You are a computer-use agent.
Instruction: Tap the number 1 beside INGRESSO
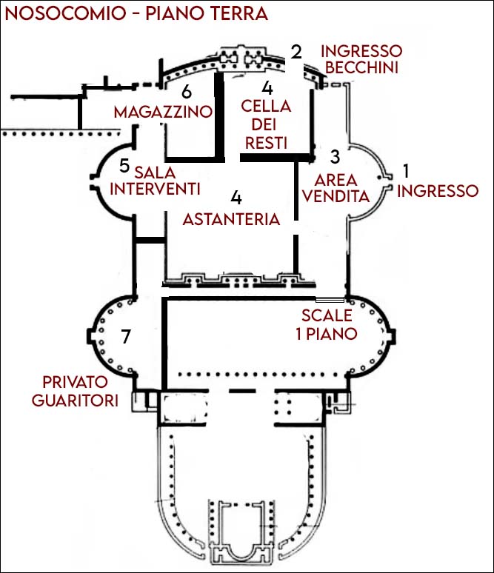405,170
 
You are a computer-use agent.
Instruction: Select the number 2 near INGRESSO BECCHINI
296,52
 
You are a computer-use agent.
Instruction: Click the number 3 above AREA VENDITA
335,157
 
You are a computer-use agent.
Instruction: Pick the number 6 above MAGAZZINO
186,92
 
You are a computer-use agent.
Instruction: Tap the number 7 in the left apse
126,338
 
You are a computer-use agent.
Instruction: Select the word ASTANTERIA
232,219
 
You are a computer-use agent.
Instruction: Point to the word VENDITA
337,197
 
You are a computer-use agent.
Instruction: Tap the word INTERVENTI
156,189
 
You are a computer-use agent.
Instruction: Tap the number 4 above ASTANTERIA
236,197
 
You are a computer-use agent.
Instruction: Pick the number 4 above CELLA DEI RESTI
267,87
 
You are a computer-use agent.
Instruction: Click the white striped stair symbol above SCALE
329,300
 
